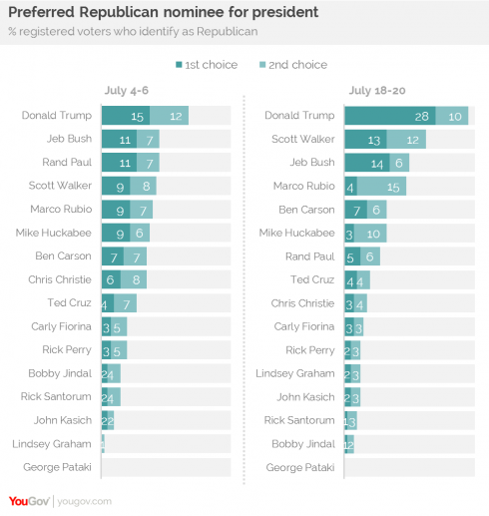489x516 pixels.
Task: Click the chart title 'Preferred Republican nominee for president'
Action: click(x=164, y=13)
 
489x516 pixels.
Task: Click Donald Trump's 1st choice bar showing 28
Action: click(x=389, y=116)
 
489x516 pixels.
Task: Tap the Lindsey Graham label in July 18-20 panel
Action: click(x=303, y=373)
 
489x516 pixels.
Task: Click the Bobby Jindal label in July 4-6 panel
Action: click(x=65, y=373)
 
